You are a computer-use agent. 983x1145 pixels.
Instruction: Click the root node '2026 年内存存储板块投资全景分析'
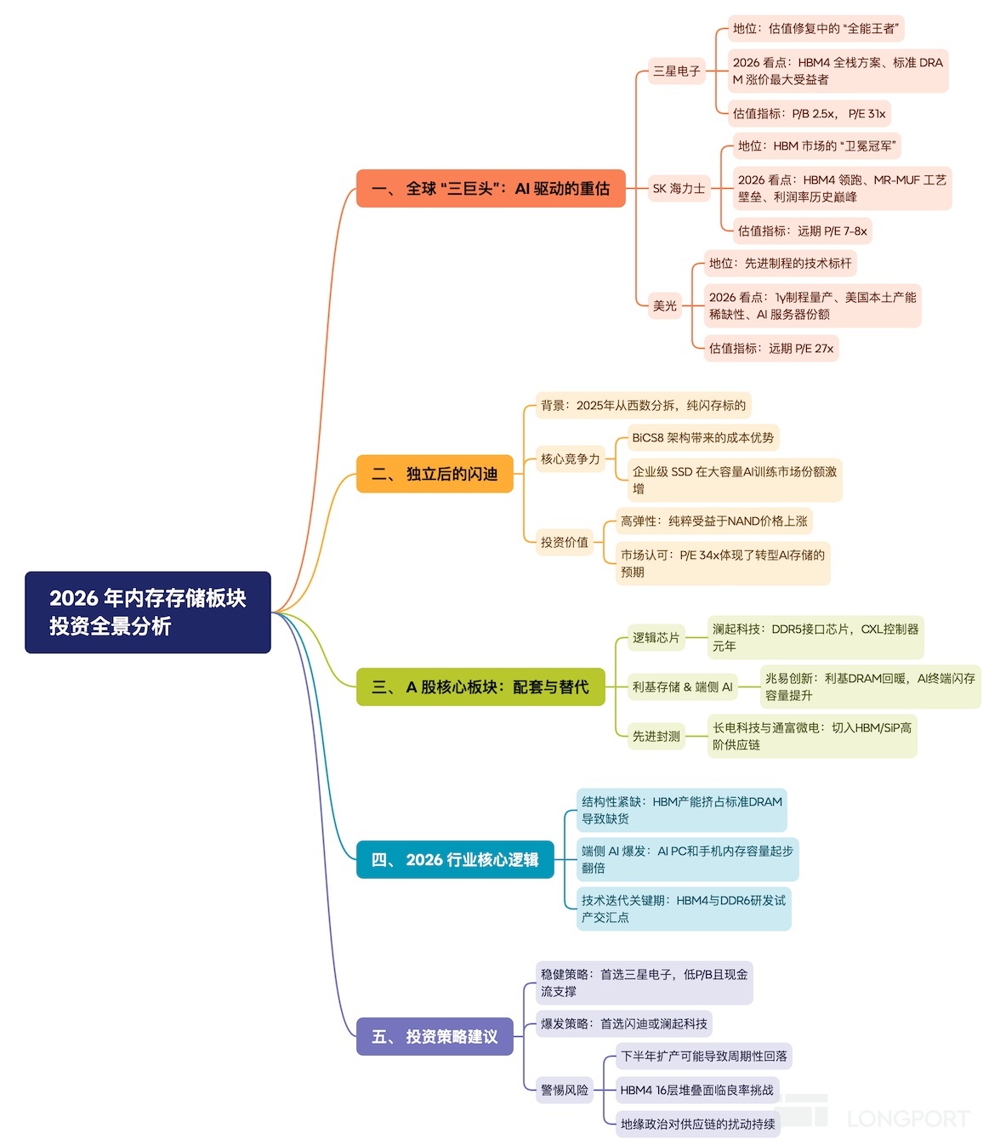click(147, 612)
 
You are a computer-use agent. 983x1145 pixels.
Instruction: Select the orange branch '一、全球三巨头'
click(491, 188)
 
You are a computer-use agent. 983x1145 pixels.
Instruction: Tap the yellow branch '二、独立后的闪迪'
click(435, 474)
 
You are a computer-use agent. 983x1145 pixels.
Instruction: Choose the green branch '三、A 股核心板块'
click(480, 686)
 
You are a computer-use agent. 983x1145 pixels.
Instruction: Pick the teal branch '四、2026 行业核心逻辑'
click(455, 859)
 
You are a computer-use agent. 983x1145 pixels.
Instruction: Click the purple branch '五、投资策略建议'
click(435, 1036)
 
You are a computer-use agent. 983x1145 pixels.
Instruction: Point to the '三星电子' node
click(676, 71)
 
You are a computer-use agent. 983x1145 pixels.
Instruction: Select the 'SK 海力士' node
click(679, 188)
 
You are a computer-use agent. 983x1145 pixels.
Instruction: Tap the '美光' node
click(665, 305)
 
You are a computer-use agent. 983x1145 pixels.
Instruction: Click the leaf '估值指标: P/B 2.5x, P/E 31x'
click(809, 113)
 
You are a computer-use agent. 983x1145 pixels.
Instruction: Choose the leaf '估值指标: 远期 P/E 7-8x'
click(802, 231)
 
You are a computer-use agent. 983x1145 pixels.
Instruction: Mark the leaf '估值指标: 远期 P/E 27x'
click(770, 348)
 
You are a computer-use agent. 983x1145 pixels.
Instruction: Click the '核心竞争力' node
click(570, 459)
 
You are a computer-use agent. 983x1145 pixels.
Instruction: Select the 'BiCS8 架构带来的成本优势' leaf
click(702, 438)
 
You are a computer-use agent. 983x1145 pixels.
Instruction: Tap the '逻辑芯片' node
click(656, 637)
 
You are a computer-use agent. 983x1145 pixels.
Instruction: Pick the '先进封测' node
click(656, 736)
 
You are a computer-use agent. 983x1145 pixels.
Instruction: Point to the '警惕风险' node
click(564, 1090)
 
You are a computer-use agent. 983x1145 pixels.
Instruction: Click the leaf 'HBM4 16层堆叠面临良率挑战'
click(696, 1090)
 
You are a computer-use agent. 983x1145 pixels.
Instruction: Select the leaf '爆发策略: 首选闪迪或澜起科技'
click(623, 1023)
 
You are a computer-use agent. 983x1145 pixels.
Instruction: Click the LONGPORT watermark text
click(907, 1119)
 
